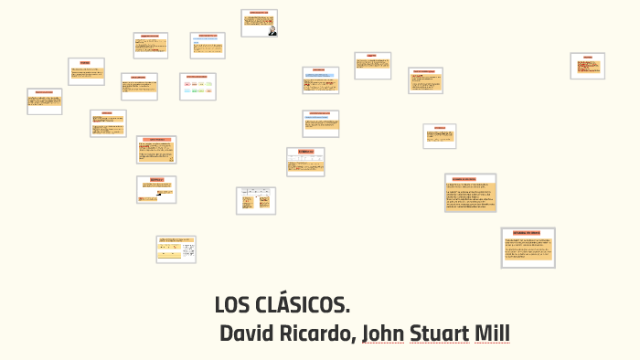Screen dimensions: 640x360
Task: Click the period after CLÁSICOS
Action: (347, 312)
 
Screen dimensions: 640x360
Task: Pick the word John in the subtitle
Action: (383, 334)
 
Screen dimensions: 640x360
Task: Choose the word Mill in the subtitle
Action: (491, 334)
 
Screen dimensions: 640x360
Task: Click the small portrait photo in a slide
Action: (272, 30)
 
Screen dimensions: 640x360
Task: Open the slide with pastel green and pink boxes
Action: (197, 86)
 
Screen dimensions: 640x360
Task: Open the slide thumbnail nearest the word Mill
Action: (528, 248)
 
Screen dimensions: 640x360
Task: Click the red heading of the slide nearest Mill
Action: (528, 233)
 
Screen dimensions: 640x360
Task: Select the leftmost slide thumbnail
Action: (45, 101)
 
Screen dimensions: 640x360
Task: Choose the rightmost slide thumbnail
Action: (587, 66)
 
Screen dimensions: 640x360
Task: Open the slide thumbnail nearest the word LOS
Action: (176, 249)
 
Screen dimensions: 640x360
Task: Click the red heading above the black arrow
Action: (156, 180)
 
